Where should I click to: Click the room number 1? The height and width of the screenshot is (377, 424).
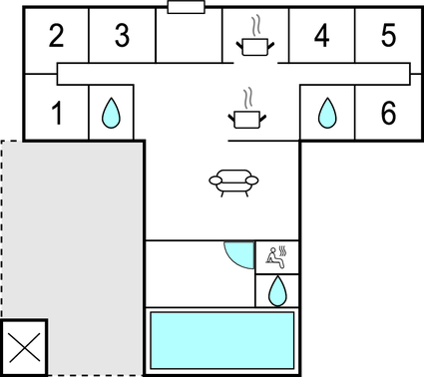pyautogui.click(x=57, y=115)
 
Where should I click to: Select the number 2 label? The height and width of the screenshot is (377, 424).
pyautogui.click(x=56, y=37)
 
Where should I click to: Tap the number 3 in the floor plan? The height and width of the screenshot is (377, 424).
pyautogui.click(x=122, y=37)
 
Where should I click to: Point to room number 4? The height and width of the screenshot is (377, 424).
pyautogui.click(x=321, y=37)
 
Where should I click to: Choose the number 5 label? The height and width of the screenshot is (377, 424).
pyautogui.click(x=388, y=37)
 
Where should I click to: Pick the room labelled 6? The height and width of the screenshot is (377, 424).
pyautogui.click(x=388, y=114)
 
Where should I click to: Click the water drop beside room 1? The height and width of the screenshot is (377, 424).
pyautogui.click(x=111, y=114)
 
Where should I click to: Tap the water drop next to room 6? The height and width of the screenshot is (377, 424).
pyautogui.click(x=327, y=114)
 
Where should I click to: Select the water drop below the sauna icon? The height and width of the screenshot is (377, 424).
pyautogui.click(x=277, y=290)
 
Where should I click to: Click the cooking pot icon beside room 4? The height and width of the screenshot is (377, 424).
pyautogui.click(x=253, y=40)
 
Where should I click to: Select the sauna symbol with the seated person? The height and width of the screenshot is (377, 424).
pyautogui.click(x=276, y=256)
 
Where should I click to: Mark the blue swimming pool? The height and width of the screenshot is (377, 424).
pyautogui.click(x=221, y=339)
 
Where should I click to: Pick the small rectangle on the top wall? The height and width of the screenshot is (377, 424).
pyautogui.click(x=187, y=8)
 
